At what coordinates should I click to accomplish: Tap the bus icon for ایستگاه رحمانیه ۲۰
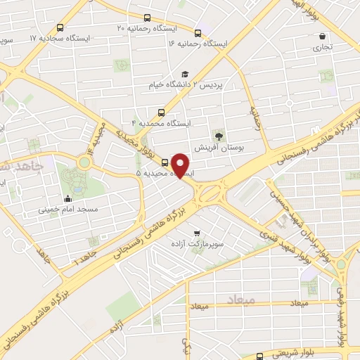tap(146, 18)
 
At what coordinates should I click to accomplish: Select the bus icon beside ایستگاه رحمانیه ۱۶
tap(198, 33)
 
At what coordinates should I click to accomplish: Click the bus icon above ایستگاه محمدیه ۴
tap(162, 112)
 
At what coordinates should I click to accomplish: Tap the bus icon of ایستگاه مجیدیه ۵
tap(165, 162)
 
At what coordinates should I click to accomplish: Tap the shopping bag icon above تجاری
tap(322, 37)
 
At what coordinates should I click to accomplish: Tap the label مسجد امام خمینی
tap(68, 210)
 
